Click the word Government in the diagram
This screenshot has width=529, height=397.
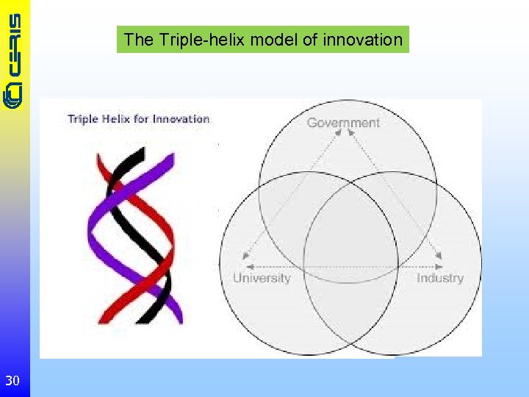click(343, 123)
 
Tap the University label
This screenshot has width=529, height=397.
click(262, 278)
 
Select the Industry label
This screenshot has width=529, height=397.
click(440, 278)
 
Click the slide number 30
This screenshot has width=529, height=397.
click(12, 380)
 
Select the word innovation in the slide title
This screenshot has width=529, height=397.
click(362, 40)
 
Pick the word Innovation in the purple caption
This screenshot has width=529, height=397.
click(181, 119)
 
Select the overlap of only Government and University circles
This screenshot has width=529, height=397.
click(283, 202)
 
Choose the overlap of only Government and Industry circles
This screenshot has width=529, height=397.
click(411, 202)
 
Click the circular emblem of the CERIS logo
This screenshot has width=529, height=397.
click(14, 93)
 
